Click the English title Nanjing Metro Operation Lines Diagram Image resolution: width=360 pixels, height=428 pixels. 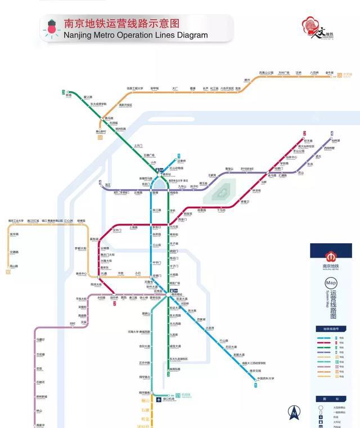(x=136, y=35)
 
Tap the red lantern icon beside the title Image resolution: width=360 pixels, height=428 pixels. (x=53, y=27)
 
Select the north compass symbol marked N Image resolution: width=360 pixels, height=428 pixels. (x=292, y=413)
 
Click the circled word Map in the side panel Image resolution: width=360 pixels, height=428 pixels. (x=331, y=283)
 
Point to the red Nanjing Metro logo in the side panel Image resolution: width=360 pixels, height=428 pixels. (x=331, y=255)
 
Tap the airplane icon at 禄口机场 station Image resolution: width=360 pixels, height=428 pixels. (x=159, y=399)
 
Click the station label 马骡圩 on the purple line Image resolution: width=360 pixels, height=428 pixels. (x=40, y=340)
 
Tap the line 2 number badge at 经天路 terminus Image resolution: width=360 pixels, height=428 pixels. (x=304, y=133)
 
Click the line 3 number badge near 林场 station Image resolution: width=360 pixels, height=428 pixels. (x=64, y=91)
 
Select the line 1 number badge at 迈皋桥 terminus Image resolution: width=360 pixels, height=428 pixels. (x=179, y=155)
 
